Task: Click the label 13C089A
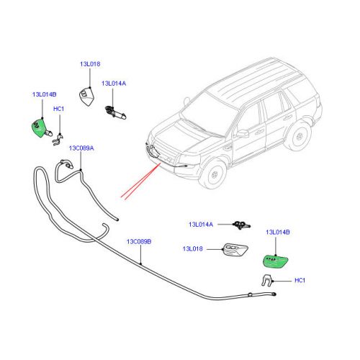[81, 148]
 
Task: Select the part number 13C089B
[139, 241]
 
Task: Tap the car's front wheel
[214, 174]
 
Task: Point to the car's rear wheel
[299, 137]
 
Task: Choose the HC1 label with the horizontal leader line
[300, 280]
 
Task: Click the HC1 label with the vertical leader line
[58, 109]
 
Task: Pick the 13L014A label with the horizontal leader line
[201, 225]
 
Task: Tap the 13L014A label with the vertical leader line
[114, 84]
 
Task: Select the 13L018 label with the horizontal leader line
[193, 248]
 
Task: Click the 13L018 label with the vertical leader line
[90, 64]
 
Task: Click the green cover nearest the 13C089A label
[38, 128]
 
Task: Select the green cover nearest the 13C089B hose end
[275, 261]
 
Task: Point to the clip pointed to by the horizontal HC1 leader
[266, 280]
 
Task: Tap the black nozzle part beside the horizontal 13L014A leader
[241, 225]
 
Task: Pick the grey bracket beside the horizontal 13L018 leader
[235, 251]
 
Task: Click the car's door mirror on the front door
[243, 133]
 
